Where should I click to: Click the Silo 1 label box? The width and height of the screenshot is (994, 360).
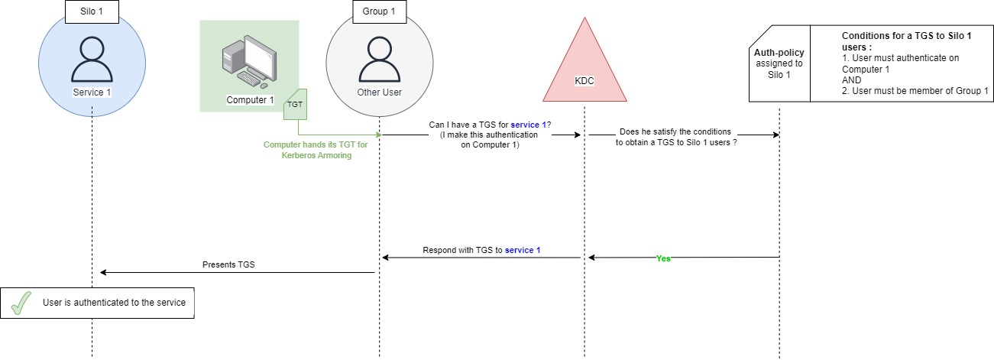(92, 12)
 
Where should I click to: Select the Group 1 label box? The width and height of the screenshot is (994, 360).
(379, 12)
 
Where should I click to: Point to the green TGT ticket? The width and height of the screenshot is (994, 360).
(295, 105)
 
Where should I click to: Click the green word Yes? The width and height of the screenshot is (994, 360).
(663, 258)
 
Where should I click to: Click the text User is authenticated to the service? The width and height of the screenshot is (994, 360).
(115, 303)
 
